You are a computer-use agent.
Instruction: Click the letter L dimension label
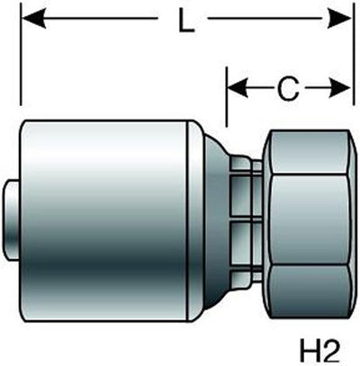[186, 20]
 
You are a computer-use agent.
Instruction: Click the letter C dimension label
[288, 89]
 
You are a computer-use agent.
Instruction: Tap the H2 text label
[319, 352]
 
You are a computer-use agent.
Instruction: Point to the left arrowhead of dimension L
[33, 19]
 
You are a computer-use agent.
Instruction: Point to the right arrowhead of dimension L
[338, 18]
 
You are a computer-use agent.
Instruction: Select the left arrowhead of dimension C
[238, 88]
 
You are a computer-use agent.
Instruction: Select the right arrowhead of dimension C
[340, 88]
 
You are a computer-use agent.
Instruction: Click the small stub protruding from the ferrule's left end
[13, 220]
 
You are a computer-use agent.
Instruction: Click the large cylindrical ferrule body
[103, 221]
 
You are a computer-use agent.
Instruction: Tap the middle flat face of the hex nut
[310, 219]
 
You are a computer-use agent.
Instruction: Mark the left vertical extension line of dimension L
[21, 54]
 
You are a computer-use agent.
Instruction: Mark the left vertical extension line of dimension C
[227, 96]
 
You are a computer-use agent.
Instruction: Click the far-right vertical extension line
[353, 54]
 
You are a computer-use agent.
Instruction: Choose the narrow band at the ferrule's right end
[195, 221]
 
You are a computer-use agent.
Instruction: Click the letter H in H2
[309, 352]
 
